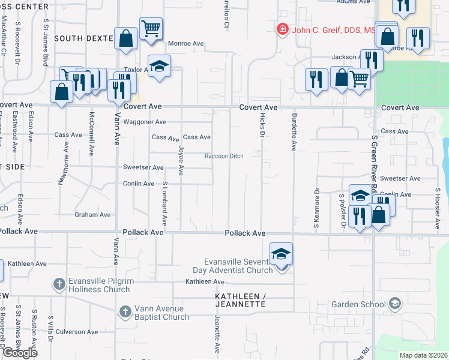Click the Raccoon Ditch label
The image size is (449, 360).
click(224, 156)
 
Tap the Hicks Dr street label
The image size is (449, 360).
click(262, 126)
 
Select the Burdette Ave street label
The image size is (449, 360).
click(294, 131)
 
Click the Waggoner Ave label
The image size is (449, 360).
click(145, 122)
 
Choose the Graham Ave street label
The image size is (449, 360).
click(92, 214)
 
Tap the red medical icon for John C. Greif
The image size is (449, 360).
click(282, 29)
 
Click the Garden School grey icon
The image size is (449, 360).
click(394, 304)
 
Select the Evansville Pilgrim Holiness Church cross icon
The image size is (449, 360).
click(59, 283)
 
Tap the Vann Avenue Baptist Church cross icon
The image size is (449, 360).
click(125, 311)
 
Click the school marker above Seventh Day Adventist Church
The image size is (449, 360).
click(281, 254)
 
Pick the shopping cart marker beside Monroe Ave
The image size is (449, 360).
click(151, 27)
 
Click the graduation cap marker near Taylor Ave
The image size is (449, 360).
click(160, 65)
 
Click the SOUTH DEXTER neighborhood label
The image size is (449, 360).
click(83, 38)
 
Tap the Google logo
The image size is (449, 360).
click(20, 352)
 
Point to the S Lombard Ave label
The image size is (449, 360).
click(164, 202)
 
